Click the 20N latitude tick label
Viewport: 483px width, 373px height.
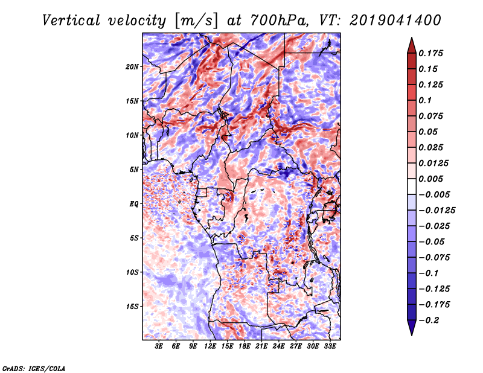coord(132,67)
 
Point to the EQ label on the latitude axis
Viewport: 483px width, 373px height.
coord(134,204)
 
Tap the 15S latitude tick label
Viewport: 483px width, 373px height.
coord(132,307)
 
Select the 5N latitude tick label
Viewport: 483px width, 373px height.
coord(134,170)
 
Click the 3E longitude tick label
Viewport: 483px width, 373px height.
coord(159,346)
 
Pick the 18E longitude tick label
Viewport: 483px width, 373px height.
coord(245,346)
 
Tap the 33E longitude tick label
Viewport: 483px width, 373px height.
coord(330,346)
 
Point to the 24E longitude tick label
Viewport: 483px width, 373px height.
coord(278,346)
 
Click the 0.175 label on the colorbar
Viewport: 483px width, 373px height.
coord(430,53)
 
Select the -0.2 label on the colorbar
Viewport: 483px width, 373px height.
coord(429,320)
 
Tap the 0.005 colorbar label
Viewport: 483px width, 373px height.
coord(430,179)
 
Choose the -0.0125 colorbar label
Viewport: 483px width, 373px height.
coord(437,211)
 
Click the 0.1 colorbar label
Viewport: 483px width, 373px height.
coord(425,100)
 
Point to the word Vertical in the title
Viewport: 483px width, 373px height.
coord(71,21)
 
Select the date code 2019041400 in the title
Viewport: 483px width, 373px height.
coord(395,21)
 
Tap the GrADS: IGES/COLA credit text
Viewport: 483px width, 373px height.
coord(33,368)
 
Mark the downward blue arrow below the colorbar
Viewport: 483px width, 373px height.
coord(412,327)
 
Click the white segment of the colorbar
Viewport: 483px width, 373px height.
coord(412,186)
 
